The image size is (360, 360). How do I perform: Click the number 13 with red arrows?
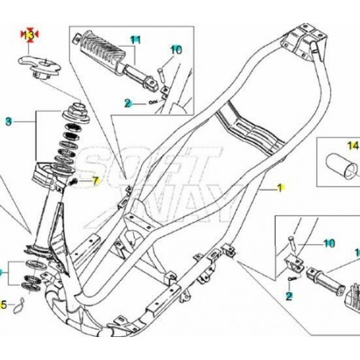pos(30,35)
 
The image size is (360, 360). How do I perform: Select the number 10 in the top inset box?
pos(176,50)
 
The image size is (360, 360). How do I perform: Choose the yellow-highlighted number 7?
pos(94,179)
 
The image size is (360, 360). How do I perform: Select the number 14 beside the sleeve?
pos(352,147)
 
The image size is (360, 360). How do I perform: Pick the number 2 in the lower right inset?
pos(289,295)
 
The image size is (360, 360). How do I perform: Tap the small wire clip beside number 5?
pos(22,301)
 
